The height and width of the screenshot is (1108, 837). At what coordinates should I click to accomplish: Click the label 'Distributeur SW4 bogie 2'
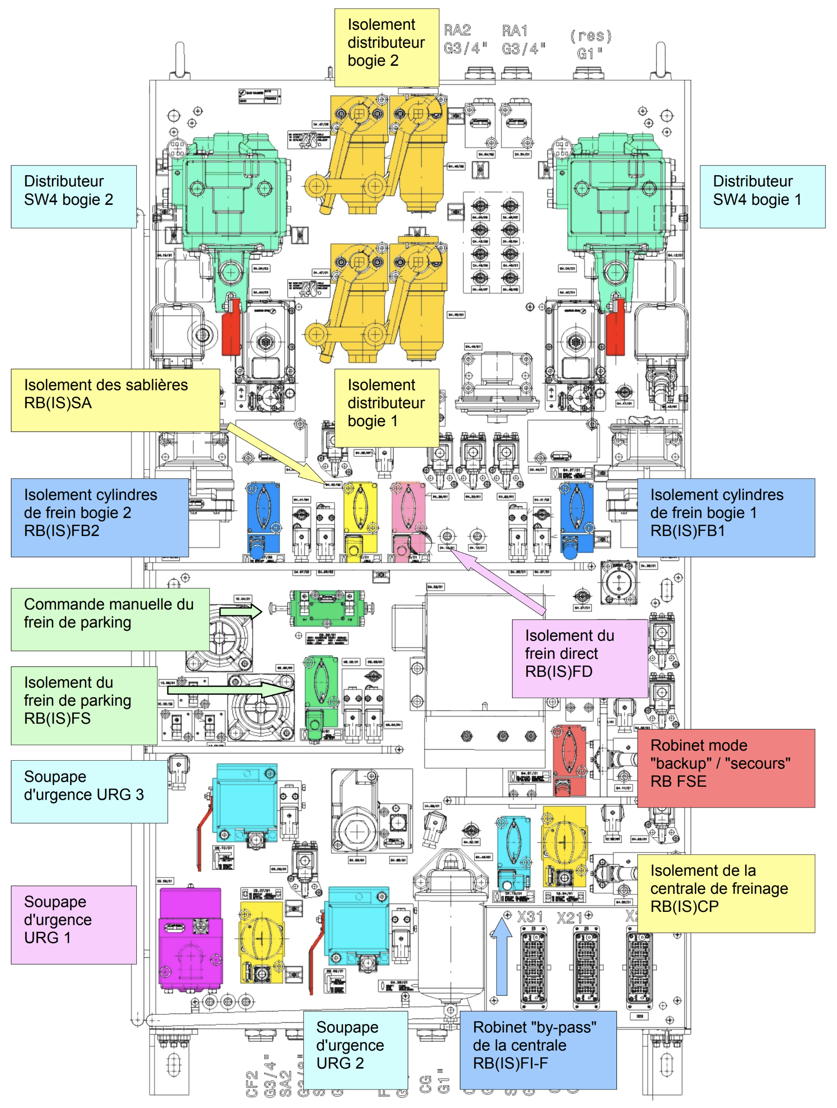click(74, 197)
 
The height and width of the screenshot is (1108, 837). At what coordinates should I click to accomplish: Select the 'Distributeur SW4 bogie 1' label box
click(762, 197)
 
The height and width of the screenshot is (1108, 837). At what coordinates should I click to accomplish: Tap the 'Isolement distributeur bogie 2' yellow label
click(386, 48)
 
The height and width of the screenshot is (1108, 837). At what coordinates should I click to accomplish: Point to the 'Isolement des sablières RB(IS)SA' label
click(115, 400)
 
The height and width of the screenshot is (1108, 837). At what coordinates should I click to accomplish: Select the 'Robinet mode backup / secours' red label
click(725, 767)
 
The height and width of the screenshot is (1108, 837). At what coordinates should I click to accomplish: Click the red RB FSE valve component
click(569, 759)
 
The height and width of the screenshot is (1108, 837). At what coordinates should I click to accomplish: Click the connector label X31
click(529, 917)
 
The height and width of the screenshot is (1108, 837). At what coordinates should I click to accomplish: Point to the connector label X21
click(570, 917)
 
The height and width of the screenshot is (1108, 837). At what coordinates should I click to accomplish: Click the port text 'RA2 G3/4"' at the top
click(464, 39)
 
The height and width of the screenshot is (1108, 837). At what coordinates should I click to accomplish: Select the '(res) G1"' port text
click(590, 44)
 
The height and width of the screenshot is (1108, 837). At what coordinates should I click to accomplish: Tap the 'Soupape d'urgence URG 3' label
click(89, 791)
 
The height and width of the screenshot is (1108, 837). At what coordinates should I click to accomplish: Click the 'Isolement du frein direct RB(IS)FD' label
click(579, 658)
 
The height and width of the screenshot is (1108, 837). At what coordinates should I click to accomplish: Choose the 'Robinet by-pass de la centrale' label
click(538, 1050)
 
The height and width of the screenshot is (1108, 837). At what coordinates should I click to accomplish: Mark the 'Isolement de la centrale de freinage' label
click(725, 893)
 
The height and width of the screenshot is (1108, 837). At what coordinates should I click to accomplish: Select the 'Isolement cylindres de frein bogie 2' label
click(100, 517)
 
